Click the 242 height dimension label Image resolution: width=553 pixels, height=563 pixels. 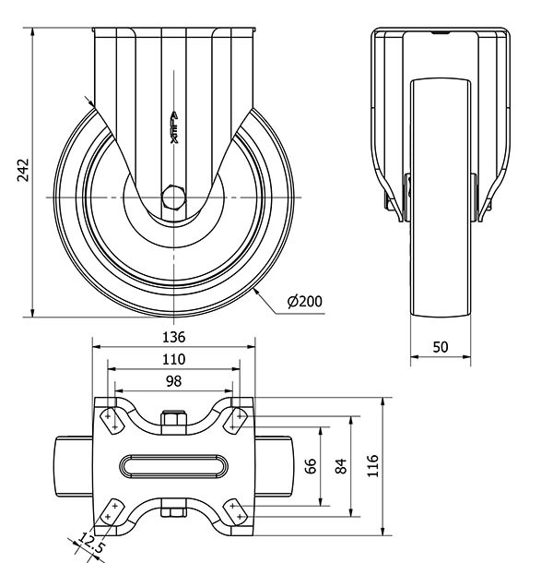pos(24,173)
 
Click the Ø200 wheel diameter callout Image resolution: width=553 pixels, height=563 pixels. pos(305,301)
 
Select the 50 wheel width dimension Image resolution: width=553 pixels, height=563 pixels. pos(440,347)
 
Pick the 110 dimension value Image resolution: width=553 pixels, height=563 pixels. pos(174,359)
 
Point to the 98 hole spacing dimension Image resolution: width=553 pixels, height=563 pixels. pos(173,381)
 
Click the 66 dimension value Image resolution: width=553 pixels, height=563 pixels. pos(311,466)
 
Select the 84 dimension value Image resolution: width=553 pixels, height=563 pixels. pos(342,466)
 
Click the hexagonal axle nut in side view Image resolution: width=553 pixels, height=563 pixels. pos(174,198)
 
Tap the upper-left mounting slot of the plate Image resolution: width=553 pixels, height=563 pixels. pos(111,419)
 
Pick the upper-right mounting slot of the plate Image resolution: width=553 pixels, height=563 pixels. pos(238,419)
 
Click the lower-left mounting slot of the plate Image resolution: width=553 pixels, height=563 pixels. pos(112,513)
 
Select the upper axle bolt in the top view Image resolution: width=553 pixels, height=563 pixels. pos(174,420)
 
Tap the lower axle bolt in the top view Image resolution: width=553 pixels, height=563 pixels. pos(174,511)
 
